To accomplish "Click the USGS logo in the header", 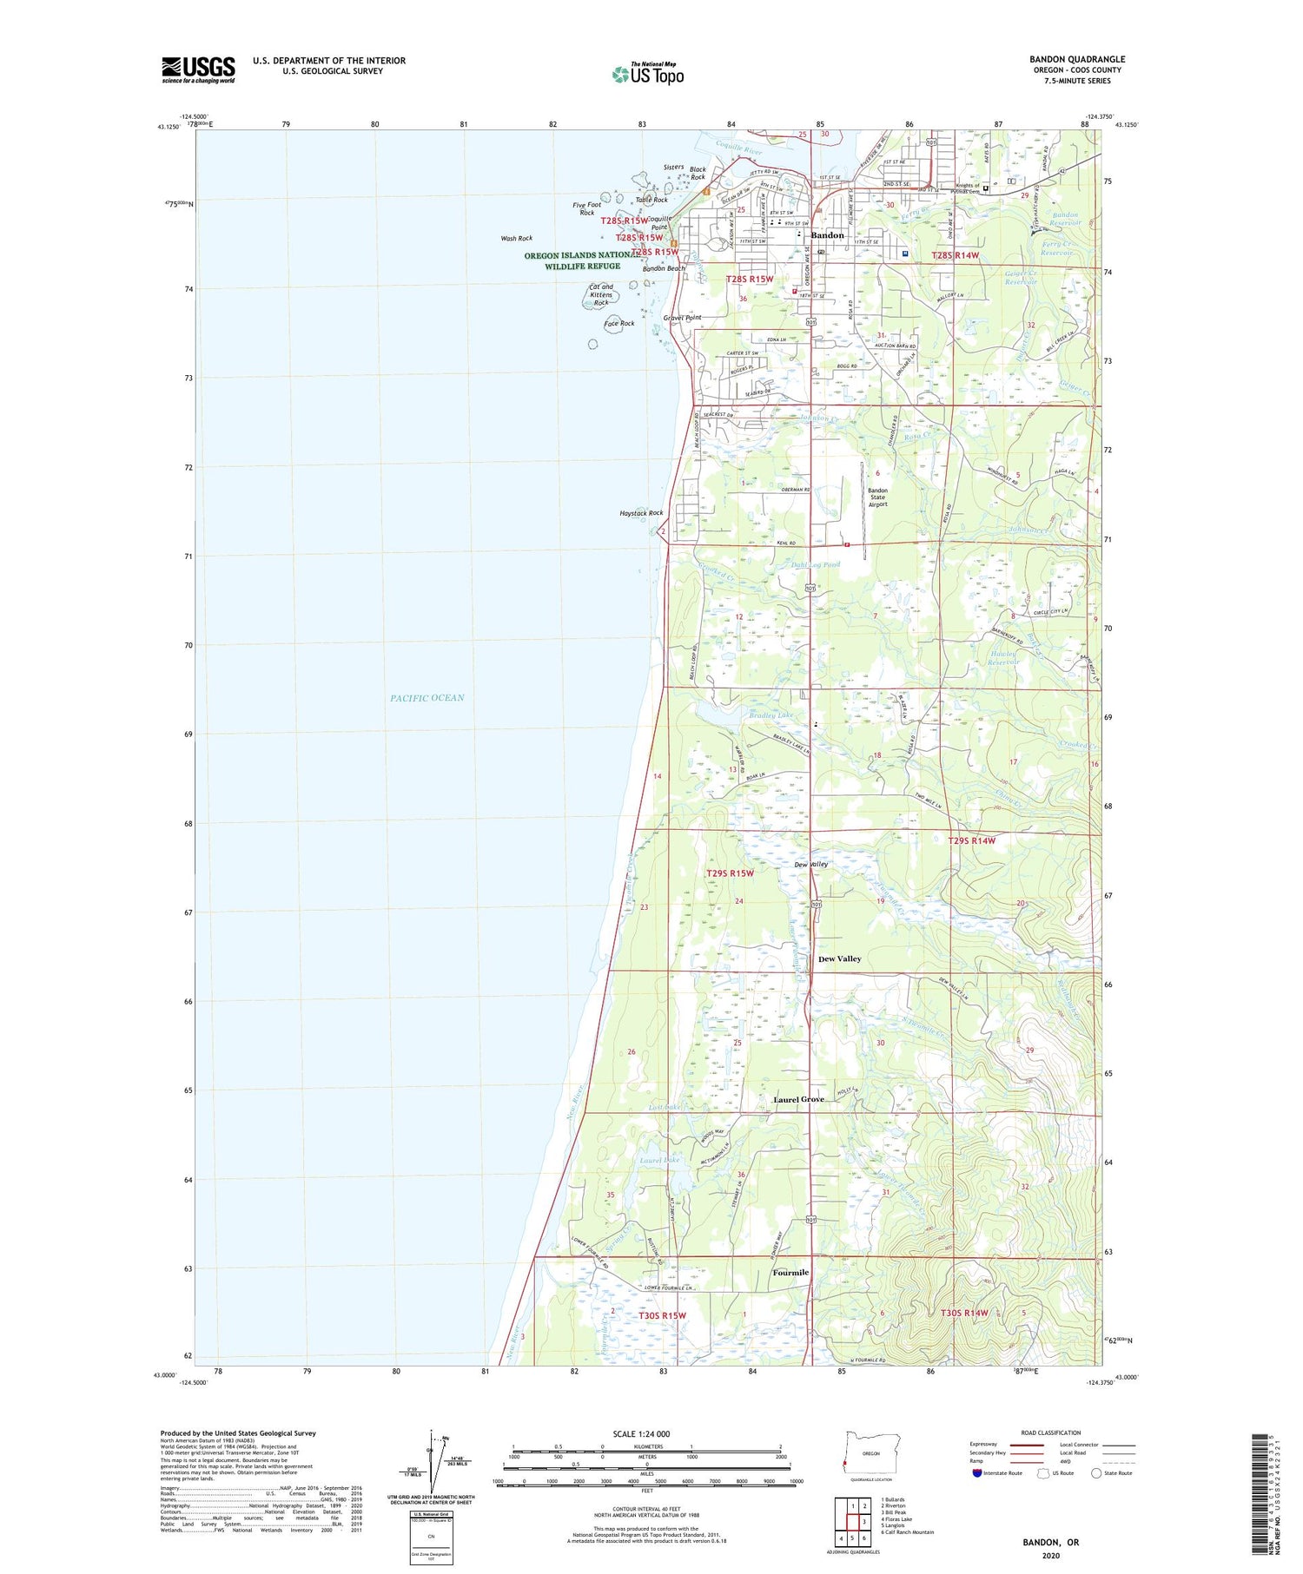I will [x=198, y=69].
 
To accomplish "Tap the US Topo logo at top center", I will [x=647, y=75].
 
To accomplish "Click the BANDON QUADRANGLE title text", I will [x=1076, y=59].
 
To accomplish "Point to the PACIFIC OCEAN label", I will [x=427, y=698].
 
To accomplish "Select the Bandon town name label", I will [x=827, y=235].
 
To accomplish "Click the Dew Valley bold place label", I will [x=839, y=958].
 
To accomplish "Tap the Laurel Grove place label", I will [x=798, y=1099].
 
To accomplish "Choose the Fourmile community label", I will [x=790, y=1273].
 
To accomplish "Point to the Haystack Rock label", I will [x=641, y=513].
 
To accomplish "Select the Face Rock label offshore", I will [x=618, y=324].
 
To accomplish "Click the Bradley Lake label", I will [x=771, y=715].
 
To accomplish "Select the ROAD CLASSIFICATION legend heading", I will [x=1050, y=1432].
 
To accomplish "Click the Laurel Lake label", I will [x=658, y=1160].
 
